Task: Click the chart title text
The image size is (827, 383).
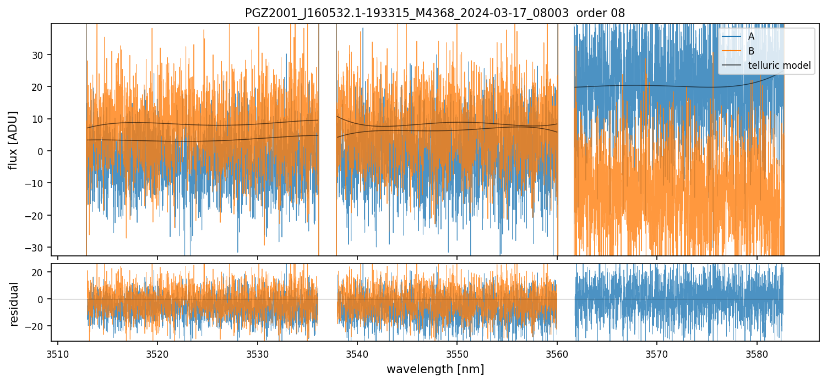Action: [435, 13]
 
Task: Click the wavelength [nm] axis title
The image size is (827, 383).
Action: [435, 369]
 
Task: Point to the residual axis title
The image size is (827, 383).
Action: [14, 304]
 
